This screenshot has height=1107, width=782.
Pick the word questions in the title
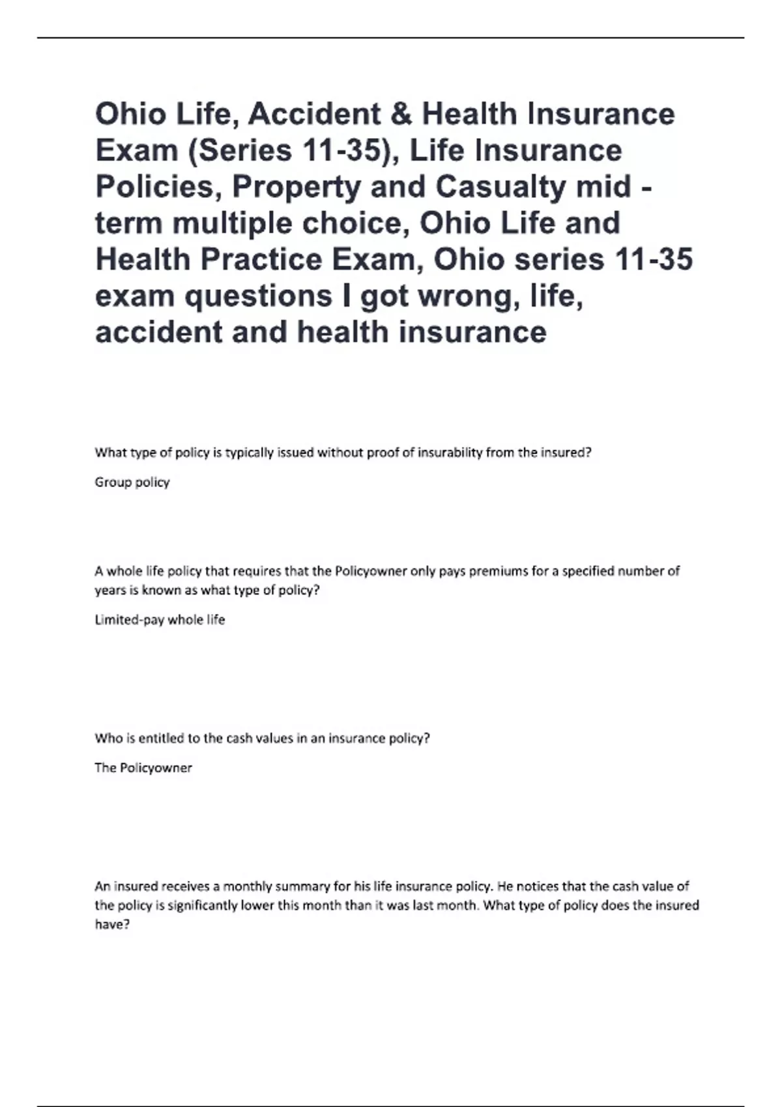[260, 296]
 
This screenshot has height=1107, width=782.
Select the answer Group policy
[132, 483]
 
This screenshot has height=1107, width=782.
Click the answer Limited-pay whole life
[160, 620]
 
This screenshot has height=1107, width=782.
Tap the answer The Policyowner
[143, 768]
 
